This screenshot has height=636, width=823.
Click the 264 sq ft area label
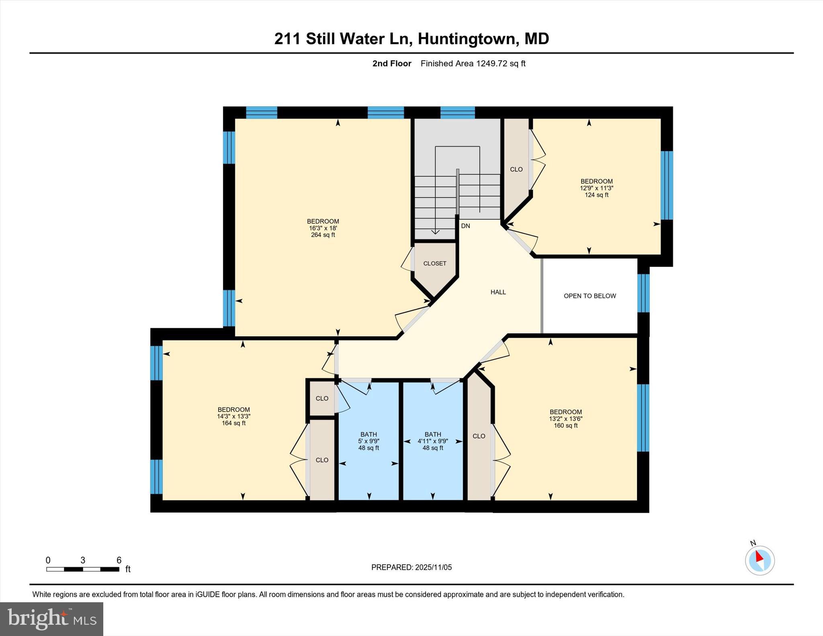click(x=323, y=235)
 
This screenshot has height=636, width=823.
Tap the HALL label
click(x=498, y=292)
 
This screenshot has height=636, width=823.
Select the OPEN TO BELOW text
click(x=590, y=296)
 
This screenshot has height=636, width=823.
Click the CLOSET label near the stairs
click(x=435, y=264)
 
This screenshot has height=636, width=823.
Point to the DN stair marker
click(x=465, y=226)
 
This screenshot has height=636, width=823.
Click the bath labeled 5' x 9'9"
click(x=369, y=441)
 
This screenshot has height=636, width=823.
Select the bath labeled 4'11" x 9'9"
click(x=432, y=441)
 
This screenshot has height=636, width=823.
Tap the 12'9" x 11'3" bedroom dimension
click(x=596, y=188)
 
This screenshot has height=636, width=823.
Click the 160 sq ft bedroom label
click(x=565, y=425)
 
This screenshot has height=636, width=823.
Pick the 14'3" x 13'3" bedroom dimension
click(x=233, y=417)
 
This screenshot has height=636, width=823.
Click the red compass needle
click(x=758, y=556)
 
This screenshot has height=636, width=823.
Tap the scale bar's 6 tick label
click(x=119, y=560)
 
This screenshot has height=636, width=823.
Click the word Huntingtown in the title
click(x=466, y=39)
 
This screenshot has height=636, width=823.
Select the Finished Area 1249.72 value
click(x=500, y=63)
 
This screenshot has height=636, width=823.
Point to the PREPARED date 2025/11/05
click(x=433, y=567)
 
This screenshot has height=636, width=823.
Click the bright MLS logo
click(x=51, y=619)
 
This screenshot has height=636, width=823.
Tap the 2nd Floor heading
click(x=392, y=63)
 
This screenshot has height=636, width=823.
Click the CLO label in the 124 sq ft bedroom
click(x=516, y=170)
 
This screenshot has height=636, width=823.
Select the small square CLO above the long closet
click(x=322, y=399)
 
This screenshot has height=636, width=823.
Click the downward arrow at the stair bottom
click(x=435, y=231)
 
